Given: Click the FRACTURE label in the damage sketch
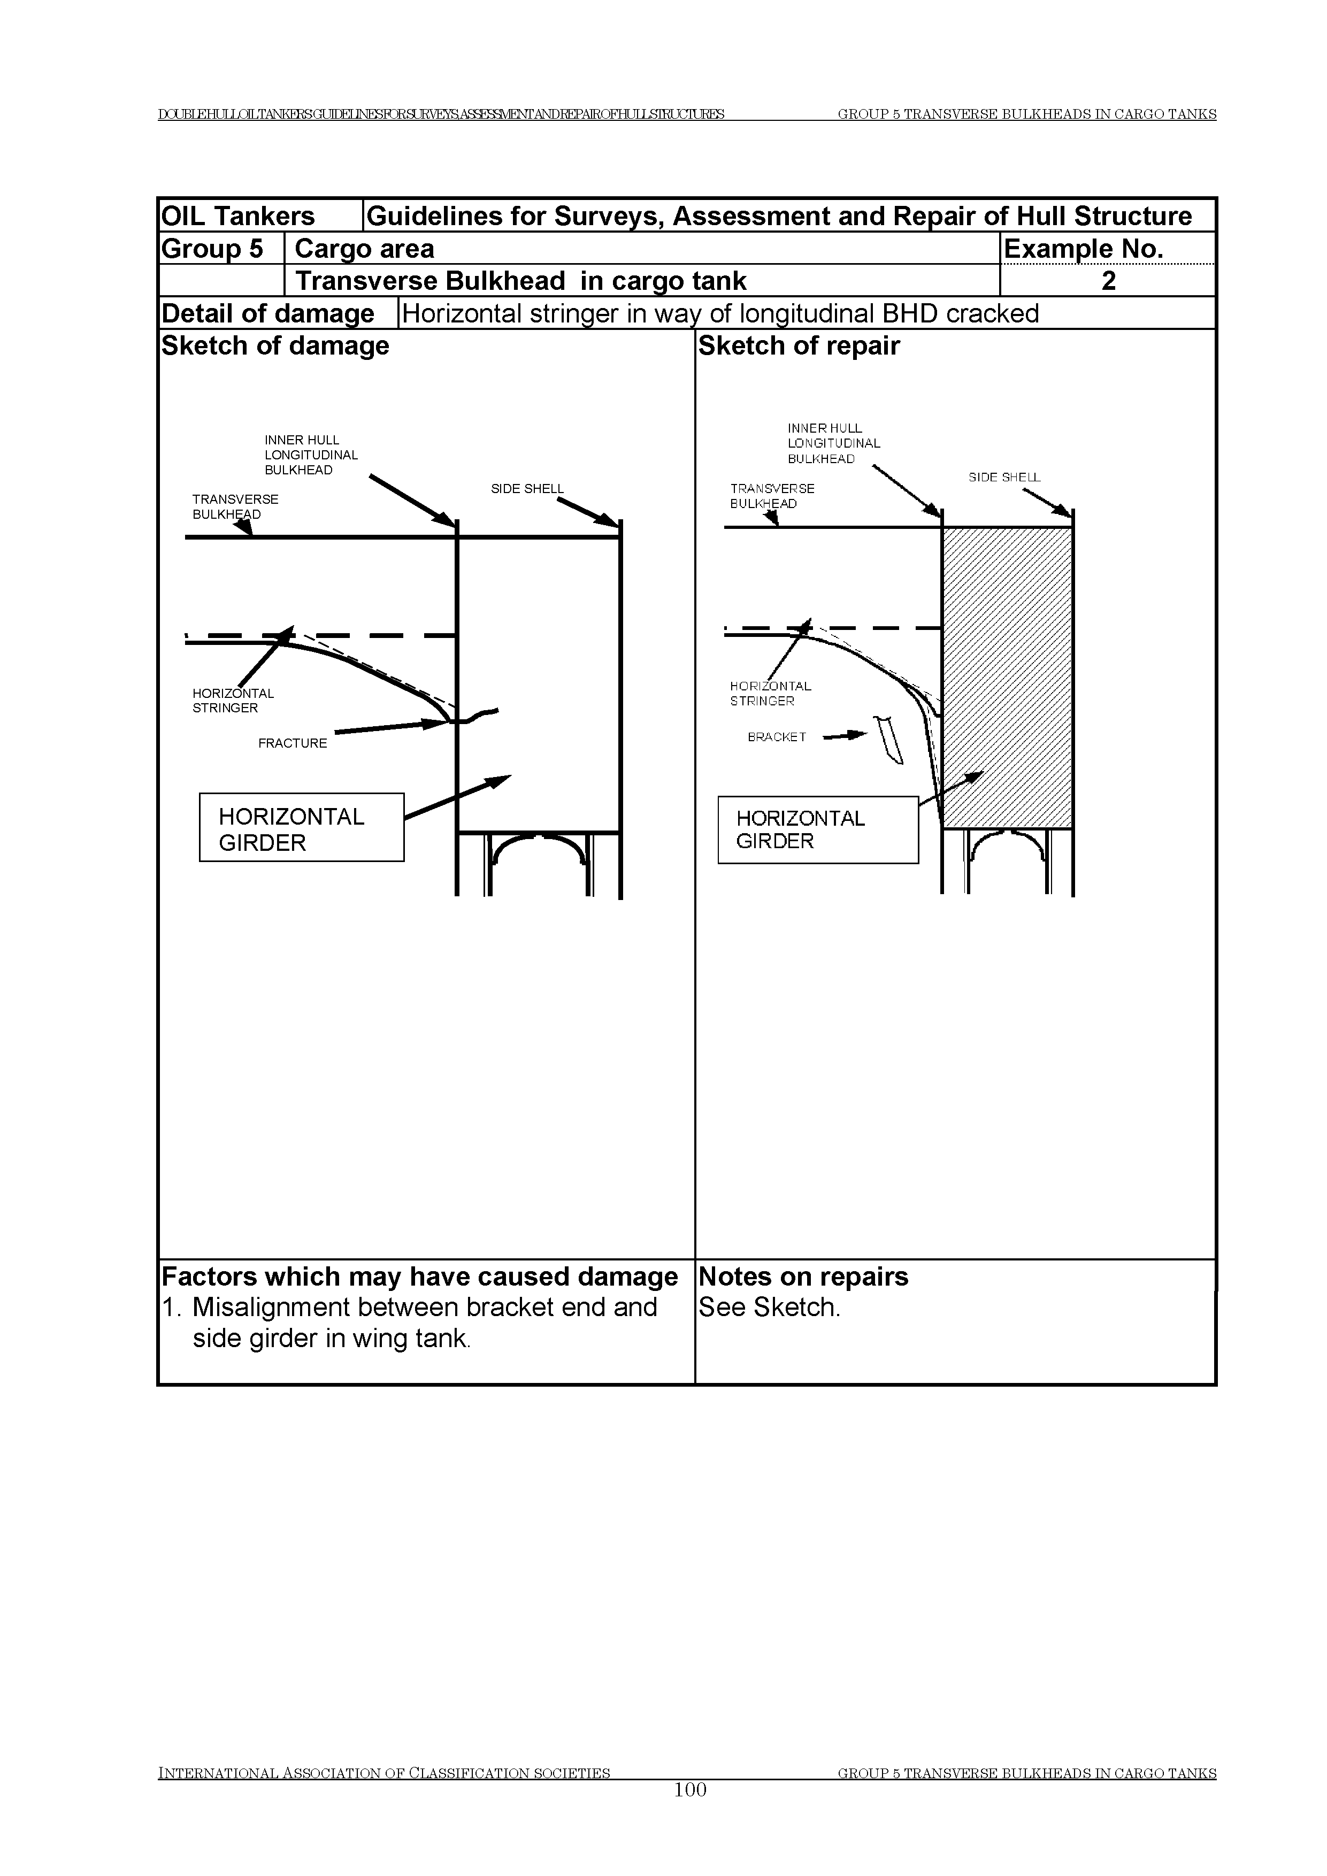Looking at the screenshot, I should point(293,743).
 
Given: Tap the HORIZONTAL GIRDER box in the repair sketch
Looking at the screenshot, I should point(818,830).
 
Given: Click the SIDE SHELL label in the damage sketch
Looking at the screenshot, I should point(527,489).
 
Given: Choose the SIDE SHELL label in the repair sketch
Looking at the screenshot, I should point(1004,477).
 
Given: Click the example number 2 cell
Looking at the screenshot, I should point(1108,281).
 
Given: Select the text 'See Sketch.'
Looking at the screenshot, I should point(769,1308).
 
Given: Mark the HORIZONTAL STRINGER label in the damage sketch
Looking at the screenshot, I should point(233,701).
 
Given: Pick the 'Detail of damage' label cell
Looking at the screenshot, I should point(268,314).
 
